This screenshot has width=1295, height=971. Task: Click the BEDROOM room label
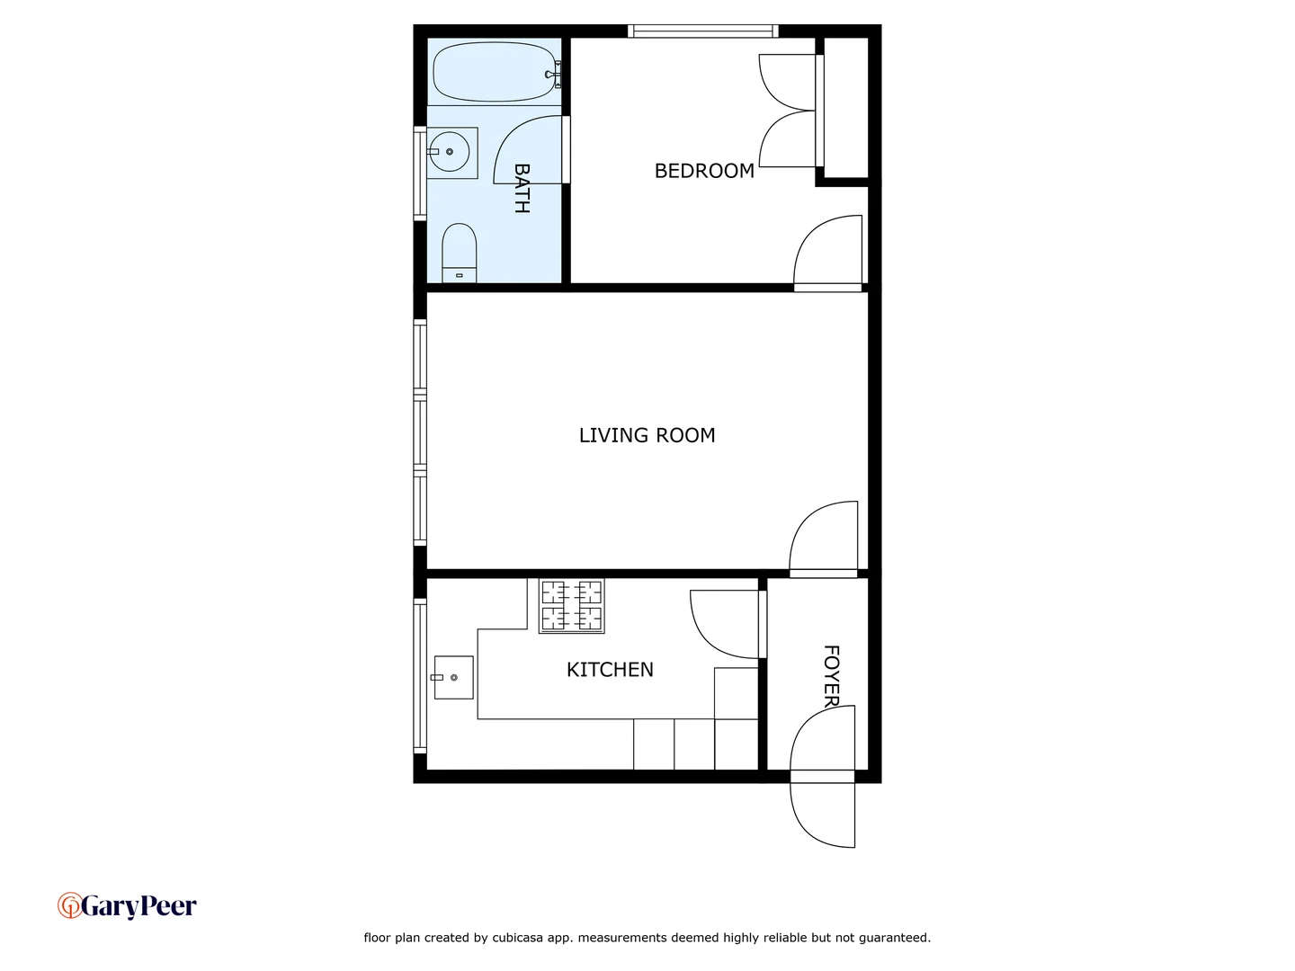704,171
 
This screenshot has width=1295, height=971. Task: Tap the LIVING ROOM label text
647,435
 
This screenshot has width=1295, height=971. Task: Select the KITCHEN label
610,670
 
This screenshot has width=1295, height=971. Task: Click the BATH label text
522,188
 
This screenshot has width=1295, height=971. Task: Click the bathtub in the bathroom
495,72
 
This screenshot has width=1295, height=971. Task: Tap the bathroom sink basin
449,152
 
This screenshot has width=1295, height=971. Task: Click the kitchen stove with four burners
571,606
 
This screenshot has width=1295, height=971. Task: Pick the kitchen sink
453,677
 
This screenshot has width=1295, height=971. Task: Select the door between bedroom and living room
826,254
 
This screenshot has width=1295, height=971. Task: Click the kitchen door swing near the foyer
725,623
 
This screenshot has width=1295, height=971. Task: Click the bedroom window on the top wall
702,31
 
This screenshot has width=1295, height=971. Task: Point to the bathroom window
419,174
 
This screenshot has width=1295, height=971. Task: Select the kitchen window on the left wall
419,676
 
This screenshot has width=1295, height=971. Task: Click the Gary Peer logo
127,905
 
